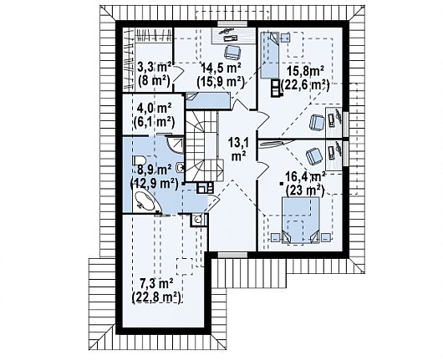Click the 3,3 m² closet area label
154,74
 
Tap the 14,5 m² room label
221,74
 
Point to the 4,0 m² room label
154,114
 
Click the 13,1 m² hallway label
238,150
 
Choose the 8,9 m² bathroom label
154,177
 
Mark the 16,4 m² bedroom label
305,184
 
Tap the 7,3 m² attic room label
156,290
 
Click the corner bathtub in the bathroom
145,201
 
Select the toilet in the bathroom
139,162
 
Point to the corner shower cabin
176,145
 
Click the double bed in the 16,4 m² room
301,220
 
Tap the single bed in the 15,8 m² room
269,55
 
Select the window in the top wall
232,24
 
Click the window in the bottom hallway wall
232,255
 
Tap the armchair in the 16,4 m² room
314,156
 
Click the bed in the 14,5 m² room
208,100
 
